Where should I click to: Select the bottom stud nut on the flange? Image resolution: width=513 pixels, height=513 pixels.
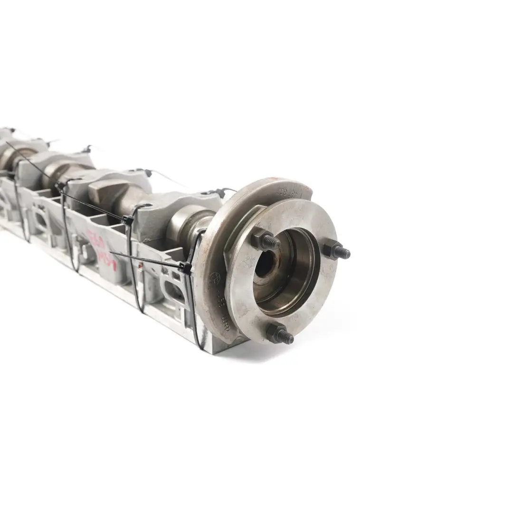(277, 334)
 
